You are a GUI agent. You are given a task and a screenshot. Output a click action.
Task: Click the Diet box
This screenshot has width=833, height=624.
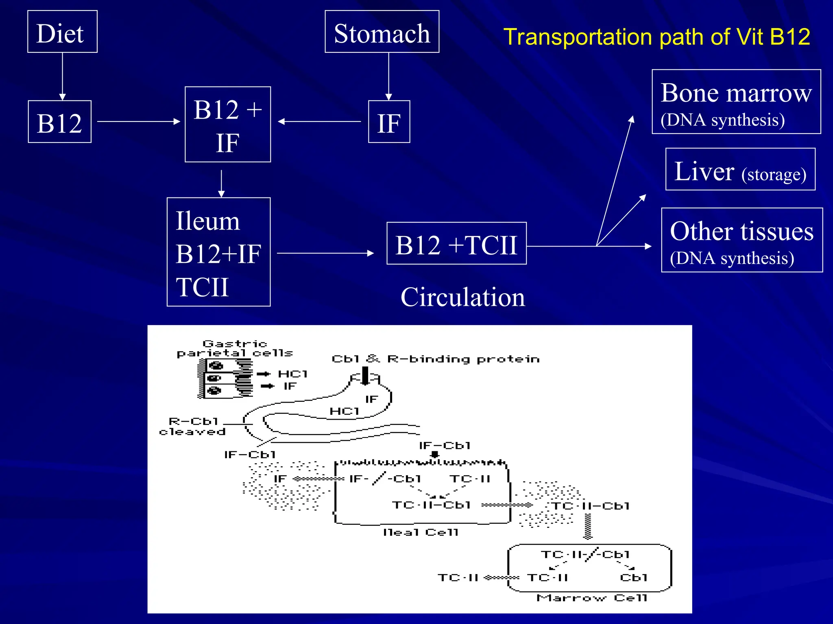coord(62,32)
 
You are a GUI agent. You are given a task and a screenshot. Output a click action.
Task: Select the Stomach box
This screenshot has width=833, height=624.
coord(382,32)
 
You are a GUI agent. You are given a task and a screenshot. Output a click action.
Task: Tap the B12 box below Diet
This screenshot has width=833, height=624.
coord(59,122)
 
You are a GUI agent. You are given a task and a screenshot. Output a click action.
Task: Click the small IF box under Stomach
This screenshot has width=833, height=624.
coord(389,122)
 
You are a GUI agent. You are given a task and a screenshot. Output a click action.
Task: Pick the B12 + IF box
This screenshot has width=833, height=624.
coord(228,124)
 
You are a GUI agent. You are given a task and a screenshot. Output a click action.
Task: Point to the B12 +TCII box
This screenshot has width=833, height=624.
coord(456,243)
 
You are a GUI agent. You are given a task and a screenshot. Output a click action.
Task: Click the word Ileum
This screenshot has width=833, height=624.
coord(208,221)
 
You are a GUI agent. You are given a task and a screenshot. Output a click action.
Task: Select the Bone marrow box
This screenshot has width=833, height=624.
coord(736,102)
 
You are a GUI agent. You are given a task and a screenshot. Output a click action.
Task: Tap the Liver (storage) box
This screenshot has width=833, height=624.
coord(740,169)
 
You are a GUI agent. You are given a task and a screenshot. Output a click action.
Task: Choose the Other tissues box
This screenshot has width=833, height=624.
coord(742,240)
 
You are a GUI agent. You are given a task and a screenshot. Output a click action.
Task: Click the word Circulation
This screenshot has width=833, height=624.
coord(462,297)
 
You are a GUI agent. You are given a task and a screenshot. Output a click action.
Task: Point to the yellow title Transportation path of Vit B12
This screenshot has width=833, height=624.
coord(656,37)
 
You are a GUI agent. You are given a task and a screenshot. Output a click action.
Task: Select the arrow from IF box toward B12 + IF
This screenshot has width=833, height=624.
coord(319,121)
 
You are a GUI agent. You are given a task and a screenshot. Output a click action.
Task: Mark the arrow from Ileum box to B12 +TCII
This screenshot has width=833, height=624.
coord(325,253)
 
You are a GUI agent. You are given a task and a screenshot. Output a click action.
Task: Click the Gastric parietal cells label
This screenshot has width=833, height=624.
coord(235,349)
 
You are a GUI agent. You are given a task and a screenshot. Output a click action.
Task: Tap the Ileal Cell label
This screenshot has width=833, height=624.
coord(421,532)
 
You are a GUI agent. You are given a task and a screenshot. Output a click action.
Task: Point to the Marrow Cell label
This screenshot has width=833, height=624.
coord(592,598)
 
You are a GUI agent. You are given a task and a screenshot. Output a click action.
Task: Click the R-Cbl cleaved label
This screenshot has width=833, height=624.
coord(193,427)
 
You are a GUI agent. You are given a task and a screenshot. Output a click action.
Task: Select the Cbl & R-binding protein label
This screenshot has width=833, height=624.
coord(436,359)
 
